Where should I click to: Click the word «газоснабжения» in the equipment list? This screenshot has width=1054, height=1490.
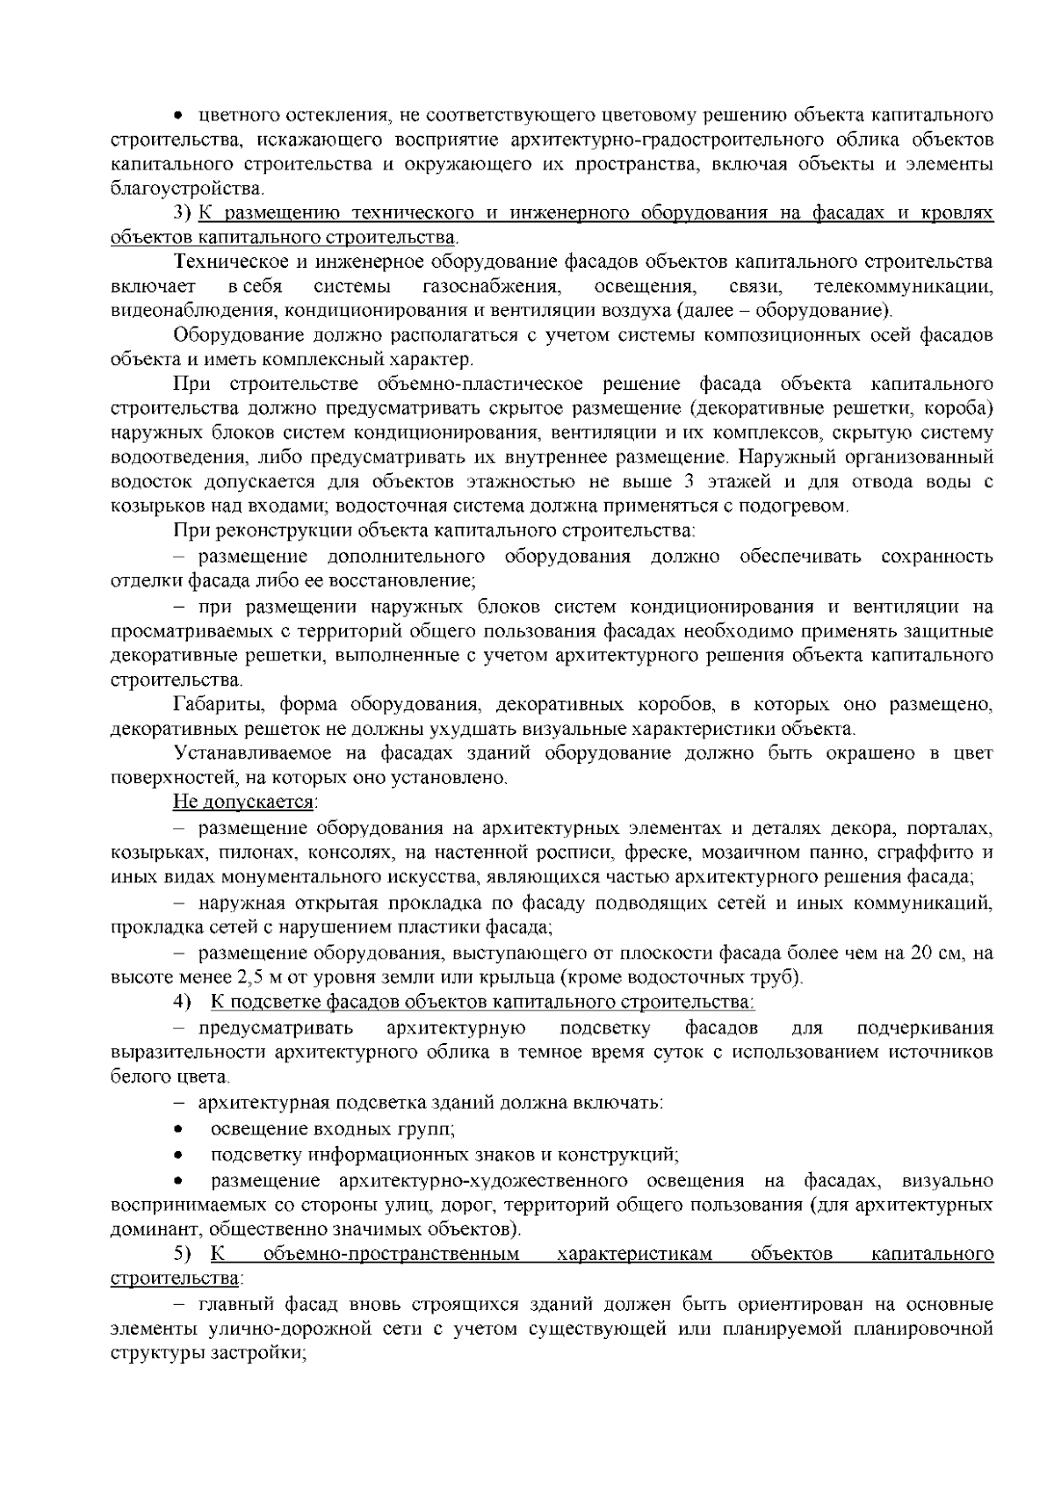(491, 286)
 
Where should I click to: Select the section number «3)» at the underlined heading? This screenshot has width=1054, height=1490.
(181, 213)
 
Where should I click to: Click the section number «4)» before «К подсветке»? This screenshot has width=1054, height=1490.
(181, 1002)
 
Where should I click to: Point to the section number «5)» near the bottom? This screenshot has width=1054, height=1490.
(181, 1254)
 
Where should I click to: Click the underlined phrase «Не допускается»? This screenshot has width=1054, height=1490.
(243, 803)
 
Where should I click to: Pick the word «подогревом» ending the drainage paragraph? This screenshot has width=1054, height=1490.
(804, 507)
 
